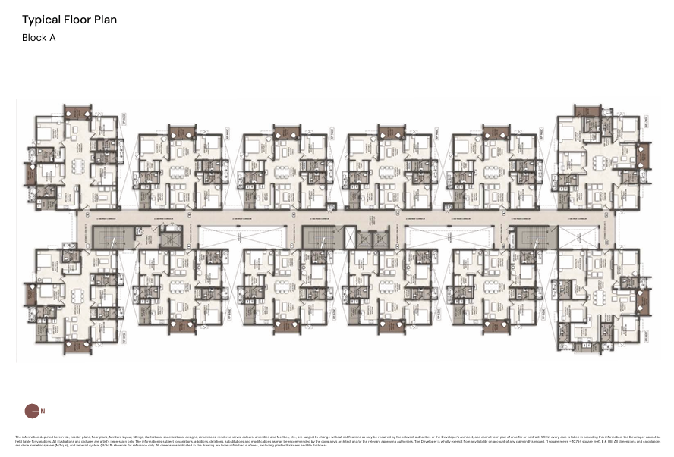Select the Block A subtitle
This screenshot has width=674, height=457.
39,37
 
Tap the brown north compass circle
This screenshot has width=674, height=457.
31,411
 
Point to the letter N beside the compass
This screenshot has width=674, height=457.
43,412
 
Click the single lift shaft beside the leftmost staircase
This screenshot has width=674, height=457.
171,238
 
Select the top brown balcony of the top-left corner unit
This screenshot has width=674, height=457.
76,111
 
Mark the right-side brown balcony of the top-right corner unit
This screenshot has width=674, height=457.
641,155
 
